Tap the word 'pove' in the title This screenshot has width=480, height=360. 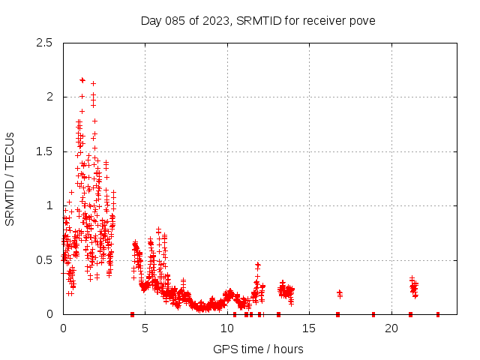pyautogui.click(x=361, y=20)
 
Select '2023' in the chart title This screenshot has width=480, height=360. pyautogui.click(x=214, y=20)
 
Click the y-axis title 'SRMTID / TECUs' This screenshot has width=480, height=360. pyautogui.click(x=10, y=178)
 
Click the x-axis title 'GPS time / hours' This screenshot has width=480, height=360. pyautogui.click(x=258, y=349)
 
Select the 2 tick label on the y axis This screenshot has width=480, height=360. pyautogui.click(x=49, y=97)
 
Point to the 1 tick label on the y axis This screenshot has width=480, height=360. pyautogui.click(x=49, y=205)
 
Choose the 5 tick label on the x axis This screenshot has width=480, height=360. pyautogui.click(x=145, y=328)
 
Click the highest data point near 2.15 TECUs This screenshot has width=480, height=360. pyautogui.click(x=82, y=79)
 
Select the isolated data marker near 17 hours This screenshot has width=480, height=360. pyautogui.click(x=340, y=292)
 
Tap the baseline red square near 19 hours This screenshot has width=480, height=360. pyautogui.click(x=373, y=314)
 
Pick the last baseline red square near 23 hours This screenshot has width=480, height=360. pyautogui.click(x=438, y=314)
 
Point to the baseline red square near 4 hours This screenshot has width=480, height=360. pyautogui.click(x=132, y=314)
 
